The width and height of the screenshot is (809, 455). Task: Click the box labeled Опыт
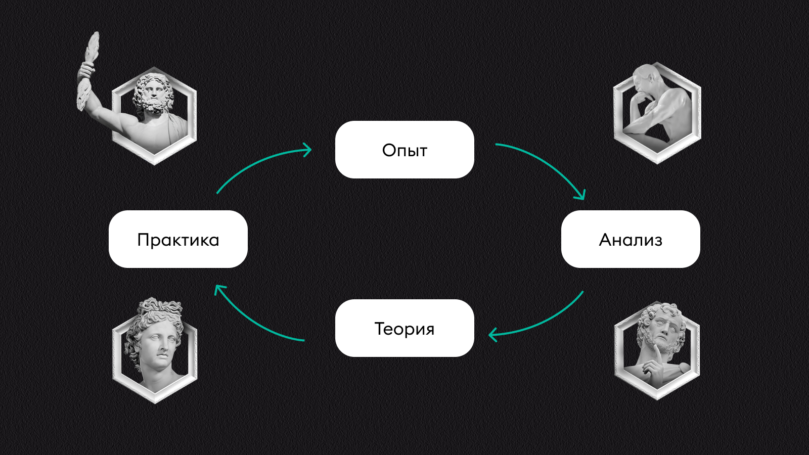tap(404, 150)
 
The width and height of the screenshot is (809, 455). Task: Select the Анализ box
tap(631, 239)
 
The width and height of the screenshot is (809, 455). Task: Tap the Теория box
tap(404, 328)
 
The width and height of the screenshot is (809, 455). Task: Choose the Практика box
tap(178, 239)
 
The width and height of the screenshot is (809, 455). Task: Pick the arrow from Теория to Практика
tap(253, 322)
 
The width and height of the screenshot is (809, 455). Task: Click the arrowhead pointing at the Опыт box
tap(306, 150)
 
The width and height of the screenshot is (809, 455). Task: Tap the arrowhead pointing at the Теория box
tap(493, 334)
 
